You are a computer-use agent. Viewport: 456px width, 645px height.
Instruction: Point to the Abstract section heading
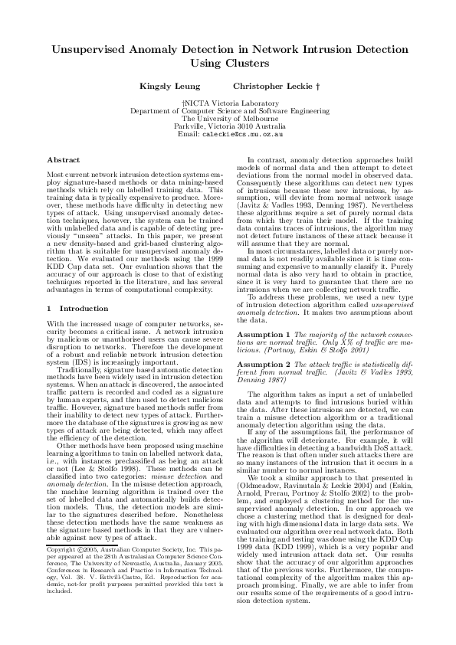pos(63,159)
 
